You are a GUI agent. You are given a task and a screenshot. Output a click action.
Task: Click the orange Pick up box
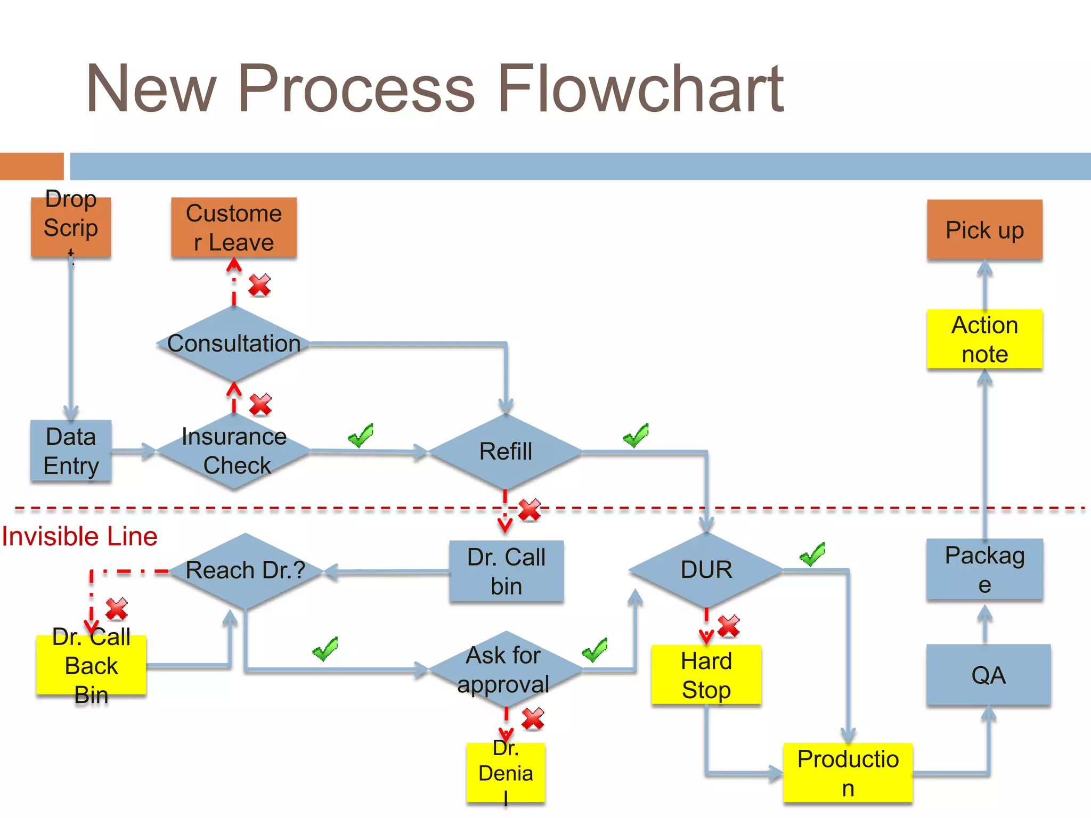click(984, 230)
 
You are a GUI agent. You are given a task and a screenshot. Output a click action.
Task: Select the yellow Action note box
click(984, 339)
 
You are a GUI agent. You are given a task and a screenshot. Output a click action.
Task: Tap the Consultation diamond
click(234, 343)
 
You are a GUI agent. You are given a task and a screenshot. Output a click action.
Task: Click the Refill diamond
click(505, 452)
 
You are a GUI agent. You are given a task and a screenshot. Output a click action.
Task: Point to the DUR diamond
click(706, 570)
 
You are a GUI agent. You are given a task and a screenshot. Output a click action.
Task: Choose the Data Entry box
click(71, 451)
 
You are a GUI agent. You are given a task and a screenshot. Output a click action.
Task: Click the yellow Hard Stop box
click(706, 675)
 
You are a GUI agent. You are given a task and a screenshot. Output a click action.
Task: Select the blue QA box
click(988, 675)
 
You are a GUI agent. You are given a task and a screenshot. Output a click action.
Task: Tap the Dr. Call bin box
click(506, 571)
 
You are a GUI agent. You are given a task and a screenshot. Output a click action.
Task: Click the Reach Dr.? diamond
click(245, 570)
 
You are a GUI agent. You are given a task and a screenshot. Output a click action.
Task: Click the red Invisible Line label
click(79, 536)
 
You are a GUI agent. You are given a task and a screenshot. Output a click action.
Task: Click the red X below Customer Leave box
click(260, 285)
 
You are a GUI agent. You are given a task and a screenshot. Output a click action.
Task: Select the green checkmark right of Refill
click(636, 436)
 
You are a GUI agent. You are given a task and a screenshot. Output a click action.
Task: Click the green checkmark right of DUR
click(812, 554)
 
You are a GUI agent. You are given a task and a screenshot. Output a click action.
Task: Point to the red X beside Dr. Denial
click(533, 718)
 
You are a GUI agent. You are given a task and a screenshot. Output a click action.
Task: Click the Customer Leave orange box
click(234, 228)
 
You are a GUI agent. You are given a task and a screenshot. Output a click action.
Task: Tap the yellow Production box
click(848, 773)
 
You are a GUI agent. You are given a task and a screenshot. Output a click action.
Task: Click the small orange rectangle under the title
click(31, 166)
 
